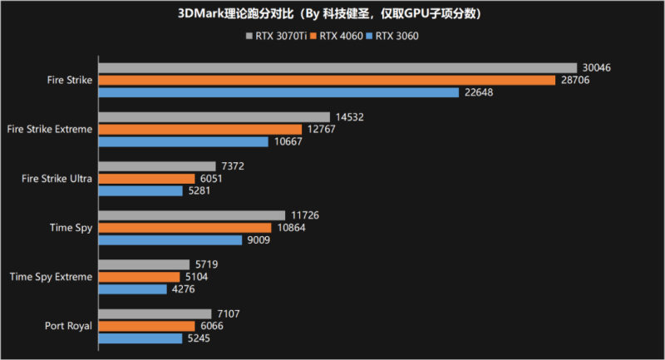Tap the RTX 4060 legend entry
click(340, 36)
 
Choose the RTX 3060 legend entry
click(397, 36)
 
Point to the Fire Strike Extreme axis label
click(49, 130)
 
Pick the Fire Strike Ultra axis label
click(57, 179)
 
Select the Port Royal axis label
click(68, 326)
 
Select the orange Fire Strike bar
click(327, 81)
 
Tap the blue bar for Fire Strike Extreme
click(183, 142)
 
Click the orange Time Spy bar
click(185, 228)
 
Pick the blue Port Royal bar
click(140, 338)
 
